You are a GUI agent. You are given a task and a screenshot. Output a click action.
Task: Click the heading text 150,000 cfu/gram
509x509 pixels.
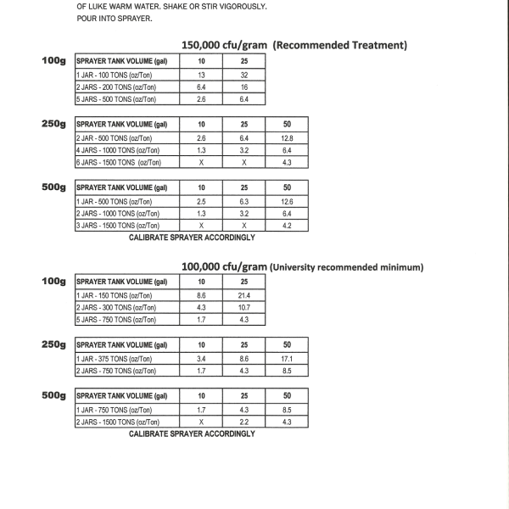(224, 45)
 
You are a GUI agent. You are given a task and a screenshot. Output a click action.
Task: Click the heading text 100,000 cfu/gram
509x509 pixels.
(224, 266)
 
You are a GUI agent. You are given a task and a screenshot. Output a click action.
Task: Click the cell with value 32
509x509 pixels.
(243, 75)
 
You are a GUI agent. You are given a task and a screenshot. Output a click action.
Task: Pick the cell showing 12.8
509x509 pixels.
(286, 137)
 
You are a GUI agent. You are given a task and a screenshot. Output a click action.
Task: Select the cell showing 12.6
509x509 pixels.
(286, 201)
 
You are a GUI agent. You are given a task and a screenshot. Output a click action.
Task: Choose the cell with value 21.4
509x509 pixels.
(243, 294)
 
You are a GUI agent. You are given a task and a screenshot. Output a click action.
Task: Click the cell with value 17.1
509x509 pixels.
(286, 358)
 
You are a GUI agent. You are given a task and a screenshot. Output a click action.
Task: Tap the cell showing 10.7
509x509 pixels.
(243, 307)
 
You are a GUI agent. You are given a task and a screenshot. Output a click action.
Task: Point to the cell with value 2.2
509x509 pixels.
(243, 422)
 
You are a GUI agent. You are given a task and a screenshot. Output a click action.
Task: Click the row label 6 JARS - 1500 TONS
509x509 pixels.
(116, 162)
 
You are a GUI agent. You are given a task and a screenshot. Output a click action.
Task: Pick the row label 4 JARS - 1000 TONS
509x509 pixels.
(116, 149)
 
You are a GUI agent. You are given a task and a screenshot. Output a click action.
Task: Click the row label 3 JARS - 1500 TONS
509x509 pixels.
(116, 227)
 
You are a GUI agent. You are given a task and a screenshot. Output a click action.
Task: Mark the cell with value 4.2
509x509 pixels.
(286, 227)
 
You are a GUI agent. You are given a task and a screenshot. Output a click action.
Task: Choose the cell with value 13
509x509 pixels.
(201, 75)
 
